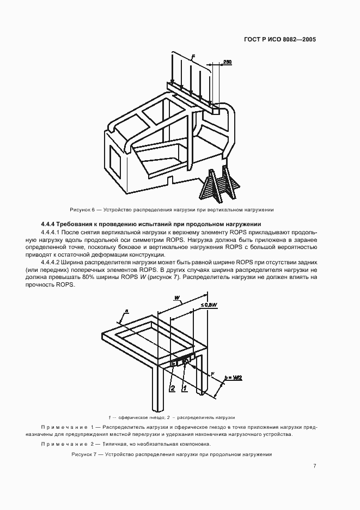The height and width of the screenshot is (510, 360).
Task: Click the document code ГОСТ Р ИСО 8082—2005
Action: coord(281,40)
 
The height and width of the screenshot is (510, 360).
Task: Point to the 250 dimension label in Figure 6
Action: coord(227,63)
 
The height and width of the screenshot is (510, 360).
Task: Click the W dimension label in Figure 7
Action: coord(177,297)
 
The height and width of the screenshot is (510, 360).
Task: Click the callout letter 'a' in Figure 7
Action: coord(126,311)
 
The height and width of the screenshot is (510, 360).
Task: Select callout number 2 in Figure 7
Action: coord(172,388)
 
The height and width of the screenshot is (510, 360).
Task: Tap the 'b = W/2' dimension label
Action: coord(234,377)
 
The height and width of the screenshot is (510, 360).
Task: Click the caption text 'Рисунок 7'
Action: coord(86,454)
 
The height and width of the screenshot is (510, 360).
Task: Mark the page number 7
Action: coord(315,465)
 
